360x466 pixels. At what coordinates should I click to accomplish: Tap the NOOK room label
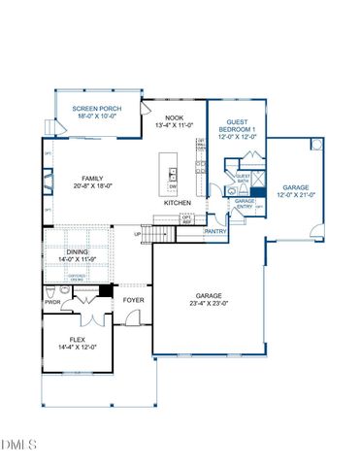coord(175,119)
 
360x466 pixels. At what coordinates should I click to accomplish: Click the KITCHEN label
coord(177,202)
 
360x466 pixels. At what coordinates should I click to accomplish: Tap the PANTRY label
coord(215,232)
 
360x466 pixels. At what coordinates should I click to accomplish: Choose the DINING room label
coord(78,251)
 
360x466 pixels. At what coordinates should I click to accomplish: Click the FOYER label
coord(134,301)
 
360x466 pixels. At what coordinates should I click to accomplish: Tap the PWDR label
coord(52,301)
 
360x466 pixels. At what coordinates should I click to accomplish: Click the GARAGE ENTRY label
coord(244,204)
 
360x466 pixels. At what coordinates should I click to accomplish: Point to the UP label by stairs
coord(137,234)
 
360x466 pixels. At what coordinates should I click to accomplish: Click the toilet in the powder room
coord(51,290)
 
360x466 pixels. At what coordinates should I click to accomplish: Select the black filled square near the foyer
coord(106,291)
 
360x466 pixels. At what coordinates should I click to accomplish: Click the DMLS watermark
coord(19,445)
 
